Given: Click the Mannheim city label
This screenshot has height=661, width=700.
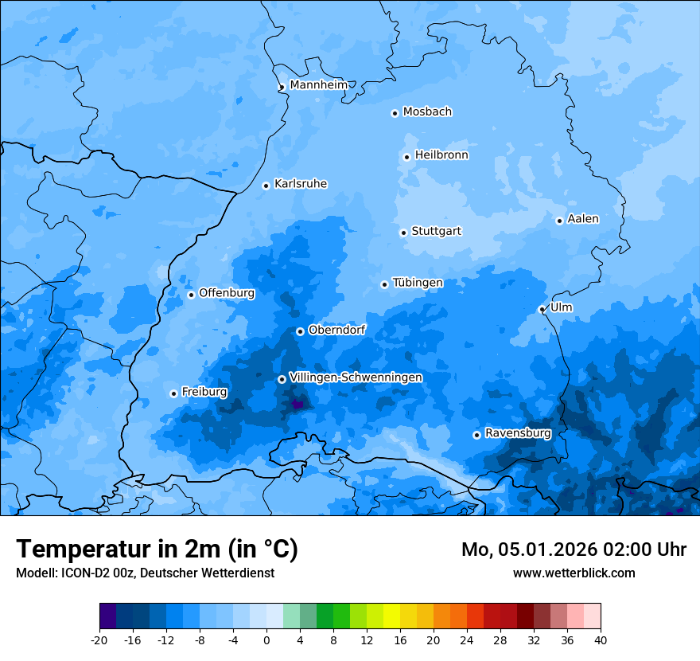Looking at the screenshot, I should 319,85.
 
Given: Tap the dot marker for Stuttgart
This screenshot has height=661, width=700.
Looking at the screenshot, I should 403,233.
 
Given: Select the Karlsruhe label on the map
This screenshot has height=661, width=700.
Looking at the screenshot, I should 301,184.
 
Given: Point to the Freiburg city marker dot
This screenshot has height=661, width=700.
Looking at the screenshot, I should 173,393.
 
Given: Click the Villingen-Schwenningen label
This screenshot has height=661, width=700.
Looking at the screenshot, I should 356,377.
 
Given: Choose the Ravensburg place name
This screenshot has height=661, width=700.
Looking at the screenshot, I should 518,433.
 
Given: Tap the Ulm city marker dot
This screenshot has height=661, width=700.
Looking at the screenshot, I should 542,309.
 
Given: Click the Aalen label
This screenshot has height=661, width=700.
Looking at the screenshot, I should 583,219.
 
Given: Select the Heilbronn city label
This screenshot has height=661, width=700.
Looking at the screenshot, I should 441,155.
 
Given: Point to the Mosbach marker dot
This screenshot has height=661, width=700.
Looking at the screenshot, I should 395,113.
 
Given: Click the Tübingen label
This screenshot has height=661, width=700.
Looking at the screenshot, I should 418,283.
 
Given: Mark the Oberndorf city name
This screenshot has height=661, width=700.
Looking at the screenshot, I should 337,330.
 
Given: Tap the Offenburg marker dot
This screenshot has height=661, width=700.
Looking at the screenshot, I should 191,295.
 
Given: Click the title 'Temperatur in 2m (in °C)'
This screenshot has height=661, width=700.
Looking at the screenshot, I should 157,549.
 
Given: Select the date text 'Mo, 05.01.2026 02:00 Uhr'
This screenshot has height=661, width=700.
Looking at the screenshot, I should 574,550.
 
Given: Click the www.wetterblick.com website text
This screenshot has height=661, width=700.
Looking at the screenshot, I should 574,573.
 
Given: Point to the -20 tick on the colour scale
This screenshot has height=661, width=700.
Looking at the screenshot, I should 99,639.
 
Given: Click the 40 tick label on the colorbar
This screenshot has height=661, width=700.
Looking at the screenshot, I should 600,639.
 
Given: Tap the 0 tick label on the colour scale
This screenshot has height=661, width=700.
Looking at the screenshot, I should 266,639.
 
